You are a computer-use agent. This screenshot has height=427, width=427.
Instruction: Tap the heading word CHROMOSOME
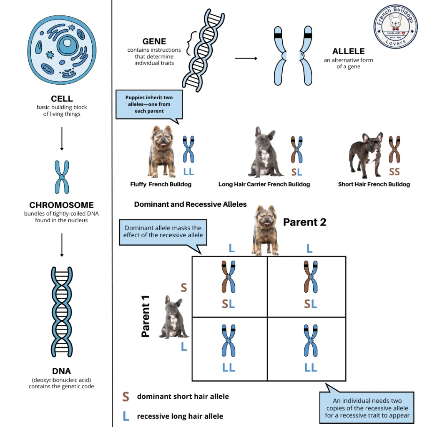(x=61, y=205)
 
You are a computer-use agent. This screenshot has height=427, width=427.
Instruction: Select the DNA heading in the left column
(x=61, y=371)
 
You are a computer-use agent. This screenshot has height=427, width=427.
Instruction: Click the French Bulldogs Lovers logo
(x=395, y=30)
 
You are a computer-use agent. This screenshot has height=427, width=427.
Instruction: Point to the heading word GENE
(x=154, y=42)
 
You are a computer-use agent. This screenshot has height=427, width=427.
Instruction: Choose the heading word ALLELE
(x=348, y=52)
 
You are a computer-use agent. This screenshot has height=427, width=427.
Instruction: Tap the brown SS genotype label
(x=394, y=171)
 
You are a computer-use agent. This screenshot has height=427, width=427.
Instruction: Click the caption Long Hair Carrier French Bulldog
(x=264, y=184)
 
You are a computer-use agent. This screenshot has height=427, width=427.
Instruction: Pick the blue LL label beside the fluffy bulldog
(x=188, y=171)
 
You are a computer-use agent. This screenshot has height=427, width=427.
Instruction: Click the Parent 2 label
(x=304, y=222)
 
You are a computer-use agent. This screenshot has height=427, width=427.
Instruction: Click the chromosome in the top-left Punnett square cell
(x=229, y=277)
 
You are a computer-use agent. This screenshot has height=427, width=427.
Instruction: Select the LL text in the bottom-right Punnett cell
(x=311, y=367)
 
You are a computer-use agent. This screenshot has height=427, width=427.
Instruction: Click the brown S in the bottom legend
(x=126, y=397)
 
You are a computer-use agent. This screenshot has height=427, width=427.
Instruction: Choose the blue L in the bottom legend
(x=126, y=416)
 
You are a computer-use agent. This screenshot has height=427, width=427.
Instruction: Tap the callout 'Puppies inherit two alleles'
(x=149, y=104)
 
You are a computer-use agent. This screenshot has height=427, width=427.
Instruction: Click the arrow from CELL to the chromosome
(x=62, y=138)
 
